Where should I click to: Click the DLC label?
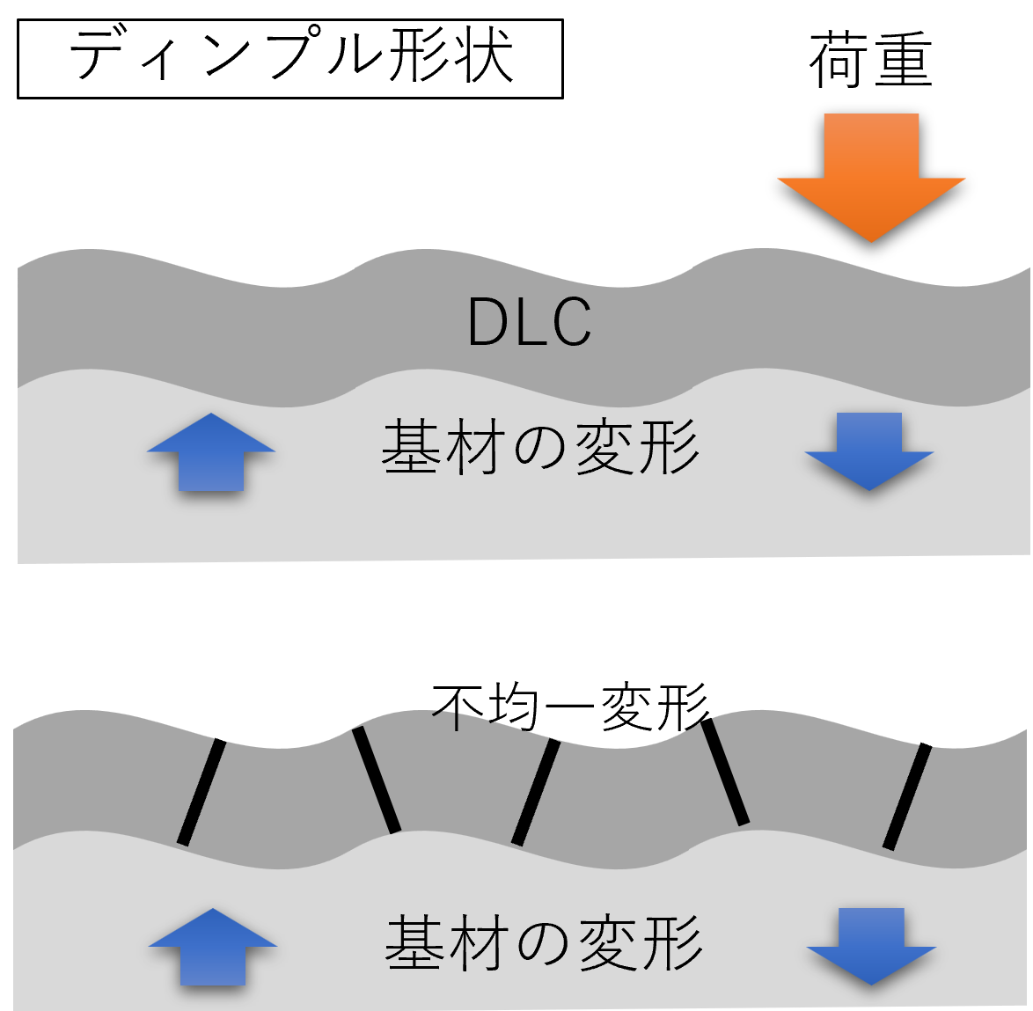click(529, 322)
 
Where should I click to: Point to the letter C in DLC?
click(570, 322)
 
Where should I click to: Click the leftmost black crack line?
click(201, 792)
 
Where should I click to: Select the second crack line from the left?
click(377, 780)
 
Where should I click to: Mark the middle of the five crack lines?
click(536, 792)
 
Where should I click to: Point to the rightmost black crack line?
click(907, 796)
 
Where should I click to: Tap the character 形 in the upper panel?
click(670, 448)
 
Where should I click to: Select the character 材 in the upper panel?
click(475, 448)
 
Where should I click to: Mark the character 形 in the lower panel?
click(674, 943)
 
